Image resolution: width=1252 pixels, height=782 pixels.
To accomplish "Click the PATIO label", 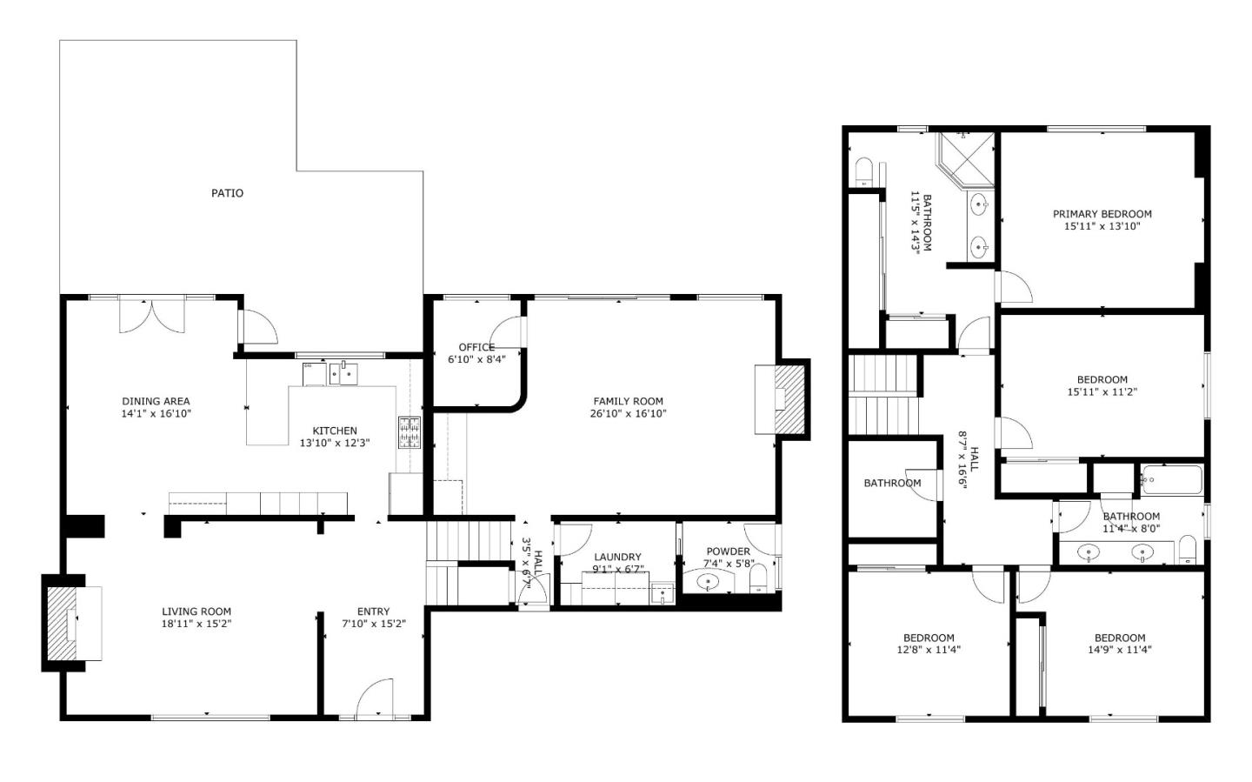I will [x=227, y=193].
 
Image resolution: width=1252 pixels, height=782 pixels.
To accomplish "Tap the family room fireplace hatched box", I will [x=789, y=398].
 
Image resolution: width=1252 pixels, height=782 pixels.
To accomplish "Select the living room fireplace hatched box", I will [x=61, y=623].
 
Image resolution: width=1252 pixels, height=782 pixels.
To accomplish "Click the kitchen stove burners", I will [x=409, y=433].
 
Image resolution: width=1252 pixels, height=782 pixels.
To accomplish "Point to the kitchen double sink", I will [x=343, y=374].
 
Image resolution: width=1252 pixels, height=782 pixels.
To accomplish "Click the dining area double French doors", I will [x=152, y=315].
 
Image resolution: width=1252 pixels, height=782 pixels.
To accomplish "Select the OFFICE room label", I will [x=476, y=348].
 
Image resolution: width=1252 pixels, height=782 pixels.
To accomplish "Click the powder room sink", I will [x=709, y=582].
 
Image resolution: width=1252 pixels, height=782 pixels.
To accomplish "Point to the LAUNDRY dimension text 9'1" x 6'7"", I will [x=617, y=570].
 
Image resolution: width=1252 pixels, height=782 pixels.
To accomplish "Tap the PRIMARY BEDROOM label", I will [x=1102, y=214].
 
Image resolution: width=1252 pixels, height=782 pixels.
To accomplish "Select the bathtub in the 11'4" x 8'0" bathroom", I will [x=1171, y=479].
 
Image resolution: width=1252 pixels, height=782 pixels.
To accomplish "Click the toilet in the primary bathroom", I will [x=863, y=171].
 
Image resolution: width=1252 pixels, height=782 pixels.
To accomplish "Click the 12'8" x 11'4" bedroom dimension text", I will [x=929, y=650].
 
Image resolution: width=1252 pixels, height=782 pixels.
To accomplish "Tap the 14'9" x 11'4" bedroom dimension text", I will [x=1119, y=650].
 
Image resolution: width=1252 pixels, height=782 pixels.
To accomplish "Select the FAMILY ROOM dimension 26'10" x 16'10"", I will [x=628, y=414].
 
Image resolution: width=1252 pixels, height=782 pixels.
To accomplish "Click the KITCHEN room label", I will [x=335, y=431].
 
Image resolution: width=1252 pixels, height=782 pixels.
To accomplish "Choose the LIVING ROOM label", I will [x=196, y=612].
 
